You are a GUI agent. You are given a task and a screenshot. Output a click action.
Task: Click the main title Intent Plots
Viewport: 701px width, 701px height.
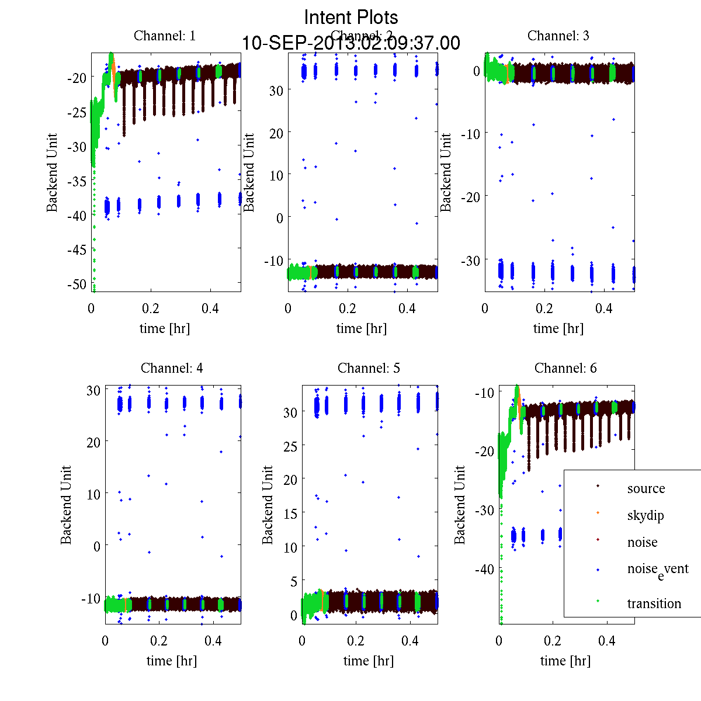tap(351, 17)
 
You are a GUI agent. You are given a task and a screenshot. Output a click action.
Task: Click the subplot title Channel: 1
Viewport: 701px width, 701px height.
tap(165, 36)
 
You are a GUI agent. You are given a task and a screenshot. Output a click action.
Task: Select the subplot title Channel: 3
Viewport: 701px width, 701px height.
tap(558, 36)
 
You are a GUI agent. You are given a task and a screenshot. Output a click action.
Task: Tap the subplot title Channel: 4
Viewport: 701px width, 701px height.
tap(172, 368)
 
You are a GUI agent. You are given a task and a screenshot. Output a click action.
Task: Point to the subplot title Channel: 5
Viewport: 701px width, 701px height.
tap(369, 368)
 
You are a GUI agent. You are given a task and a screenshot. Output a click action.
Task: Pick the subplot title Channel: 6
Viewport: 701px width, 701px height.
tap(565, 368)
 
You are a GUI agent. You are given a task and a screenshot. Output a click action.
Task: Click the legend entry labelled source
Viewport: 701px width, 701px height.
tap(646, 488)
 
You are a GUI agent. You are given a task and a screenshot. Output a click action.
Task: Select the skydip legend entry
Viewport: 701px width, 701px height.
tap(646, 515)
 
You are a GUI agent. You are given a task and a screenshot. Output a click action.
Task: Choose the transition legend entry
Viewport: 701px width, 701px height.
tap(654, 603)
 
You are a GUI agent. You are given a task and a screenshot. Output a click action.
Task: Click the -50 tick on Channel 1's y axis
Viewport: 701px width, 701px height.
tap(77, 284)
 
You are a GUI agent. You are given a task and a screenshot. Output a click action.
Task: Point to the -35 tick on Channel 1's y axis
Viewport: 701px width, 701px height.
tap(77, 181)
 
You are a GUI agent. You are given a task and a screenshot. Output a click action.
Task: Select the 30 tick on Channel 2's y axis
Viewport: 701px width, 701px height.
tap(276, 90)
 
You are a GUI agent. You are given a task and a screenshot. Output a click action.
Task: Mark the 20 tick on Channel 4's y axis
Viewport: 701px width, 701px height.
tap(93, 442)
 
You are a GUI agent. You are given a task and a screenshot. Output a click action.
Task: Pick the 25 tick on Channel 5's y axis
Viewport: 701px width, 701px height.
tap(290, 446)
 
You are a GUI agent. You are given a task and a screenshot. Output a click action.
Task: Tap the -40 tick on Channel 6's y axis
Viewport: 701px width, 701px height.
tap(485, 569)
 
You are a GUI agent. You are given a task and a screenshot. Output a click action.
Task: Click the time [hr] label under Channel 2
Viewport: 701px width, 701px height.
tap(362, 328)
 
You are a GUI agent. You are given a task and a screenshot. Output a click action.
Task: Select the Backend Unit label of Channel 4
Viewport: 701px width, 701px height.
tap(66, 505)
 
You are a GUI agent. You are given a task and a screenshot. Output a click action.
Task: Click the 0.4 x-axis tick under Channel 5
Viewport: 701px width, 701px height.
tap(410, 641)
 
